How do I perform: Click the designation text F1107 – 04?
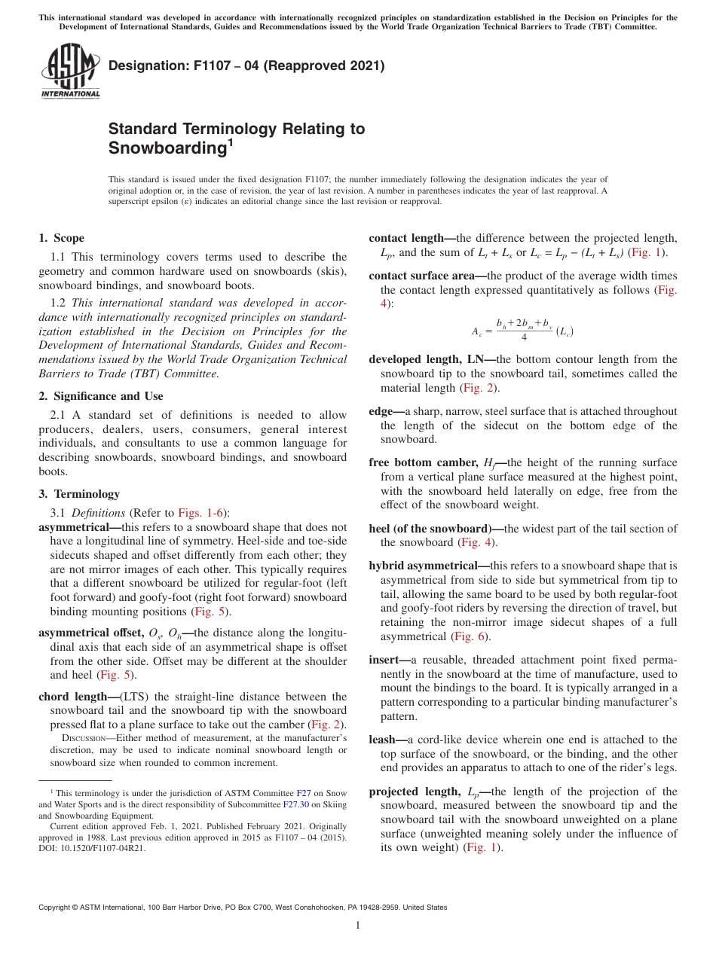pos(207,66)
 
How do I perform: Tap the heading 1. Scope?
pos(62,238)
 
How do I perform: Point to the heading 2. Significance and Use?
pos(101,396)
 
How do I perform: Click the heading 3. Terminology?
pos(79,494)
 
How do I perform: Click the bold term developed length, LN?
pos(429,359)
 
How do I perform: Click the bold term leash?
pos(382,740)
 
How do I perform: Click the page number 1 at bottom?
pos(358,926)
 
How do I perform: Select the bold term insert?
pos(384,660)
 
